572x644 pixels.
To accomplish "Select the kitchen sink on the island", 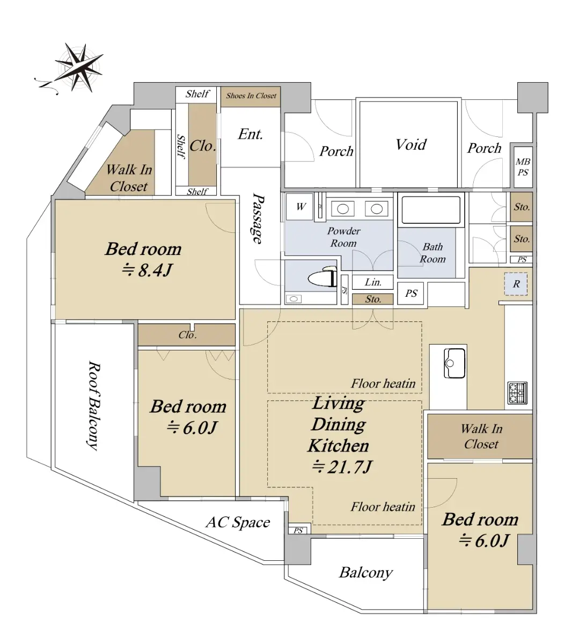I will [x=454, y=363].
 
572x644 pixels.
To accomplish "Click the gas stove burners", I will [x=518, y=392].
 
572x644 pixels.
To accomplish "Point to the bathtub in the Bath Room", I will [x=430, y=211].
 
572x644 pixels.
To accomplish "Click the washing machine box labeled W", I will [x=300, y=207].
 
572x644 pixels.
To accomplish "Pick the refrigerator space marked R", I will [x=516, y=284].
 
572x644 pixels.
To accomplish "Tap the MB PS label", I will [x=523, y=167].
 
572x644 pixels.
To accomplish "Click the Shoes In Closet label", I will [x=251, y=96].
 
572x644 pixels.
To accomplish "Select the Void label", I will [x=411, y=144].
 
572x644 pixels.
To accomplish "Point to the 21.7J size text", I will [x=342, y=467].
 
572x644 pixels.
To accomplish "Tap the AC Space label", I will [x=238, y=522].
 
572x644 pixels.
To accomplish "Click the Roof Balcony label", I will [x=93, y=405].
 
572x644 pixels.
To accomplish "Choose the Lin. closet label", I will [x=373, y=282].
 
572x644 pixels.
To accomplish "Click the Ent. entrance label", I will [x=251, y=134].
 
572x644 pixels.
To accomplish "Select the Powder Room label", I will [x=343, y=237].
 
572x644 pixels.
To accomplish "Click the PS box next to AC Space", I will [x=298, y=530].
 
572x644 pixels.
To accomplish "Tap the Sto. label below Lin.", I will [x=373, y=299].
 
